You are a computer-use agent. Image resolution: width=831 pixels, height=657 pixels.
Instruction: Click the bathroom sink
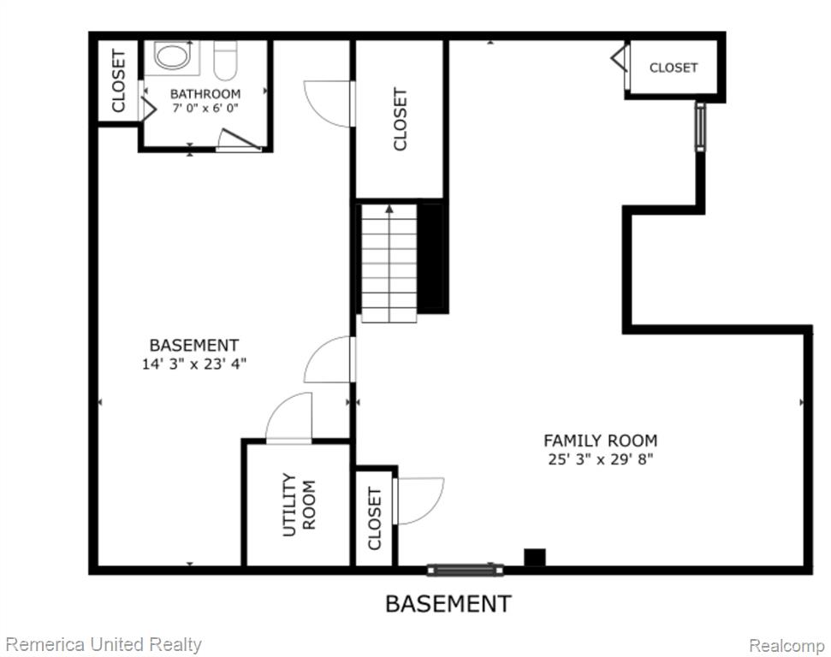(171, 56)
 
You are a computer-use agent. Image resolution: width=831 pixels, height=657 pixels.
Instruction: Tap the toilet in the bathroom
(225, 60)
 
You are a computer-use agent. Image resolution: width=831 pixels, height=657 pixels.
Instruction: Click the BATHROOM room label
(205, 94)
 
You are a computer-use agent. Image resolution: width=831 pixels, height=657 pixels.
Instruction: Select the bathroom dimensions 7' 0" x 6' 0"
(205, 108)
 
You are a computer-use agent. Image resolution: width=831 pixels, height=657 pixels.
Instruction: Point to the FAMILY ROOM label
(601, 441)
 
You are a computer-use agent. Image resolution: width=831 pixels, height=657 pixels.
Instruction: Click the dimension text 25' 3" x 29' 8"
(601, 459)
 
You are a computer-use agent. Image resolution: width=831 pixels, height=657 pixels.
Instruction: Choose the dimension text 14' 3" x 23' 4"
(194, 364)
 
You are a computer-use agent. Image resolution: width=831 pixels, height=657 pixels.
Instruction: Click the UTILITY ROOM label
(299, 505)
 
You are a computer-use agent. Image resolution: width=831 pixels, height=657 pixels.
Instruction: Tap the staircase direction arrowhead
(389, 209)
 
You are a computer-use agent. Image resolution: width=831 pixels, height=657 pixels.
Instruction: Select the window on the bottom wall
(466, 570)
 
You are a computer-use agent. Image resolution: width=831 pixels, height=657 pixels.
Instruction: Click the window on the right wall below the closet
(701, 127)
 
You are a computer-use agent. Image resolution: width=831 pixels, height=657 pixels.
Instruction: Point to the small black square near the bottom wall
(535, 557)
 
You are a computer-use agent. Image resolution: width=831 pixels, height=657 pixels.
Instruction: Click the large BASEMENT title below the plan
(448, 604)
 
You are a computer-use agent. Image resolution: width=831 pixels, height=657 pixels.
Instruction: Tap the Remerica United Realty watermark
(104, 645)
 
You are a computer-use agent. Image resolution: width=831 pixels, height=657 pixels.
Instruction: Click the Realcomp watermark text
(786, 646)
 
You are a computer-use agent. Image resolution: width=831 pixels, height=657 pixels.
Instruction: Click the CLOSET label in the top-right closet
(673, 68)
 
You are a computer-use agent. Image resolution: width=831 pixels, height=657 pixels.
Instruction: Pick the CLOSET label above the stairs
(401, 119)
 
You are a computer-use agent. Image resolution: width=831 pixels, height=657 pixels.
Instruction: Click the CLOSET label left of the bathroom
(118, 80)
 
